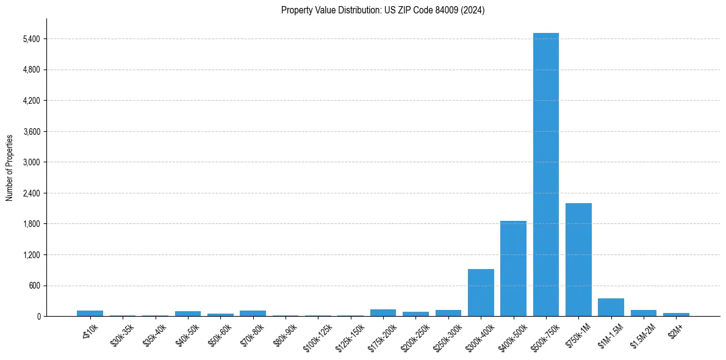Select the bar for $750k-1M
pyautogui.click(x=578, y=259)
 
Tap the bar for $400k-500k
pyautogui.click(x=513, y=268)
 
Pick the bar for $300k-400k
pyautogui.click(x=481, y=292)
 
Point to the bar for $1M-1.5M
pyautogui.click(x=611, y=308)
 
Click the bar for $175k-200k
pyautogui.click(x=383, y=313)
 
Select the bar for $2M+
pyautogui.click(x=676, y=314)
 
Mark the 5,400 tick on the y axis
pyautogui.click(x=31, y=39)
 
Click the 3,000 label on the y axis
pyautogui.click(x=31, y=162)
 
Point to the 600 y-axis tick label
pyautogui.click(x=34, y=286)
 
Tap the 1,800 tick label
pyautogui.click(x=31, y=224)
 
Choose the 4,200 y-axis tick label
pyautogui.click(x=31, y=101)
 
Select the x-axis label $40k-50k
pyautogui.click(x=187, y=333)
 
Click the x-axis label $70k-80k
pyautogui.click(x=251, y=333)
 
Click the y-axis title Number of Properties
pyautogui.click(x=10, y=167)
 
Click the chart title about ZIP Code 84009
pyautogui.click(x=383, y=10)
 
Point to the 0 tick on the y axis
pyautogui.click(x=38, y=316)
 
